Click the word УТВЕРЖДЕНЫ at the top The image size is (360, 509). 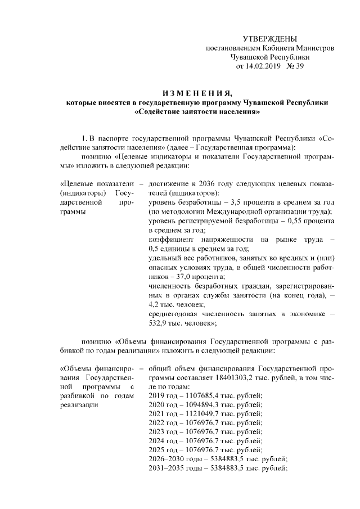pos(269,39)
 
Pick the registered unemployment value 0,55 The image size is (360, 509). pos(279,220)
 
